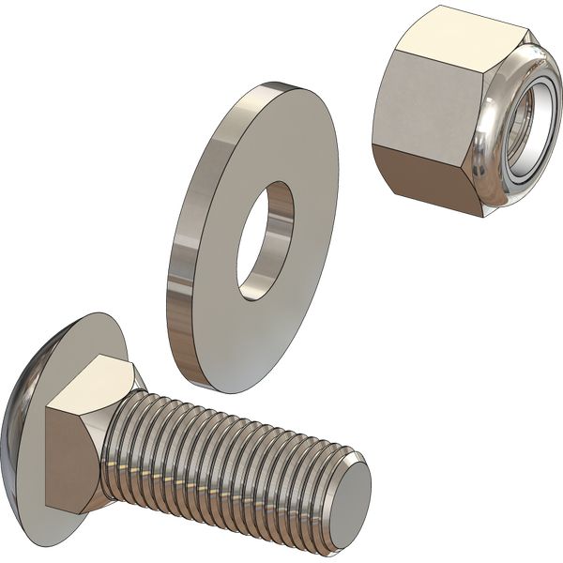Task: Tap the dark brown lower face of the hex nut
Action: [x=427, y=178]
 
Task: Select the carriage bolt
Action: [x=188, y=441]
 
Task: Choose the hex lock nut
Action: [x=460, y=113]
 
